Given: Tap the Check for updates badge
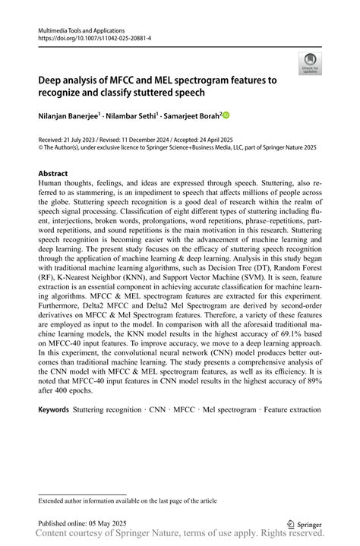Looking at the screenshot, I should click(x=309, y=65).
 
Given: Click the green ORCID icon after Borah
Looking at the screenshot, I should click(x=226, y=115).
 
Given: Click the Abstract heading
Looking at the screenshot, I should click(x=53, y=174).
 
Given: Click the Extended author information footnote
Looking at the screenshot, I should click(x=128, y=500).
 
